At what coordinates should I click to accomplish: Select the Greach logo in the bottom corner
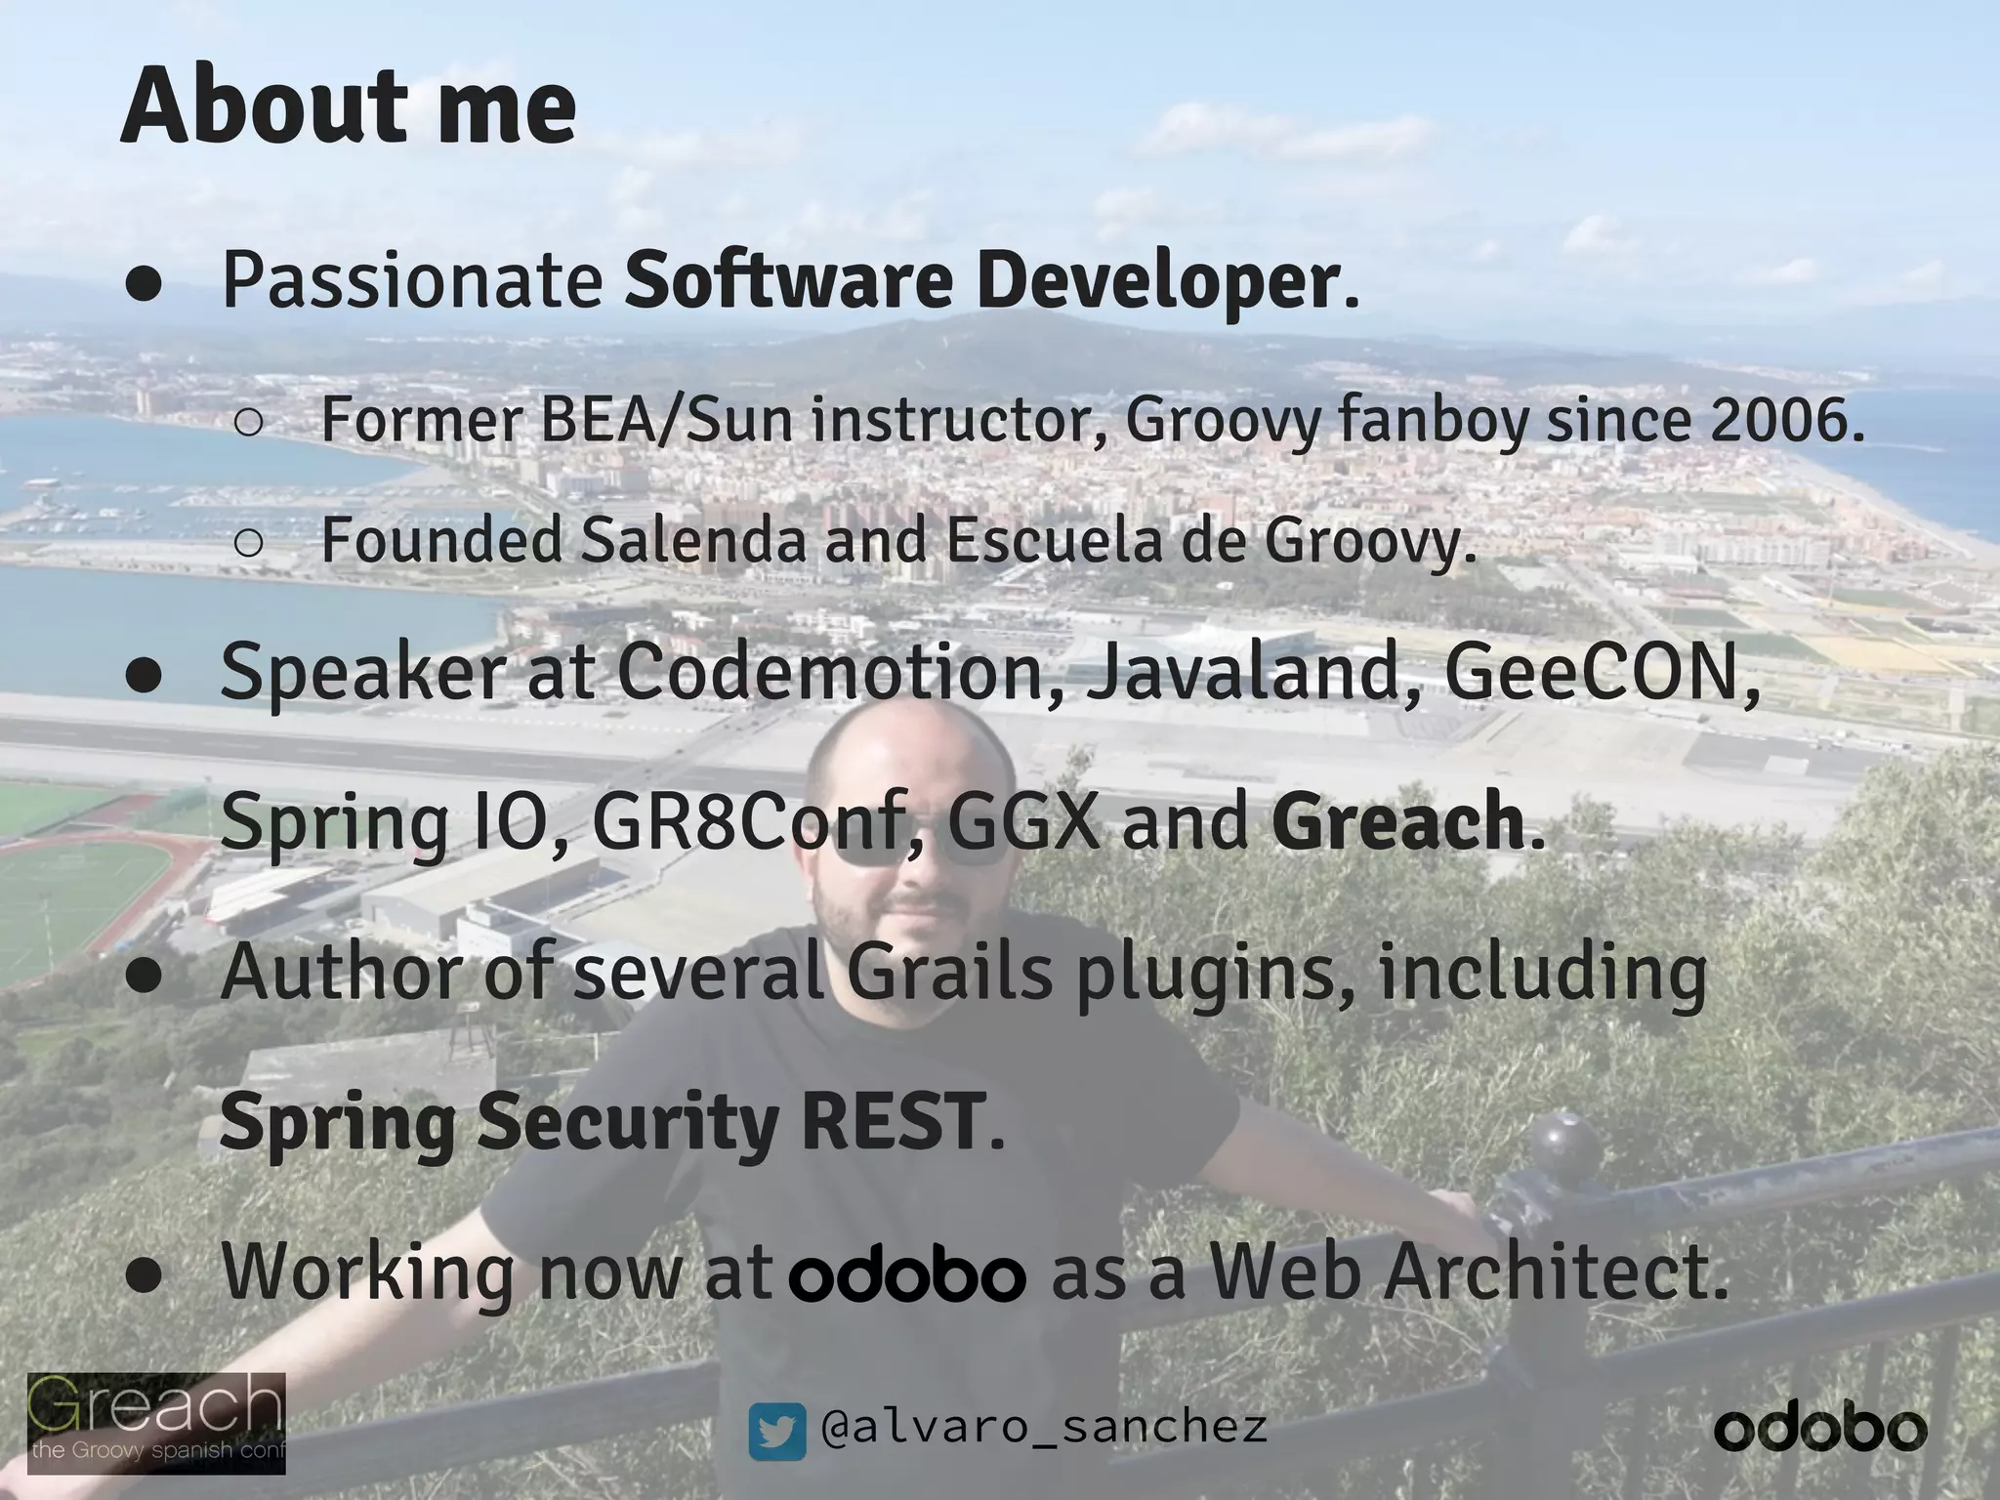156,1422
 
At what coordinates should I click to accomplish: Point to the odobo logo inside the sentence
907,1274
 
